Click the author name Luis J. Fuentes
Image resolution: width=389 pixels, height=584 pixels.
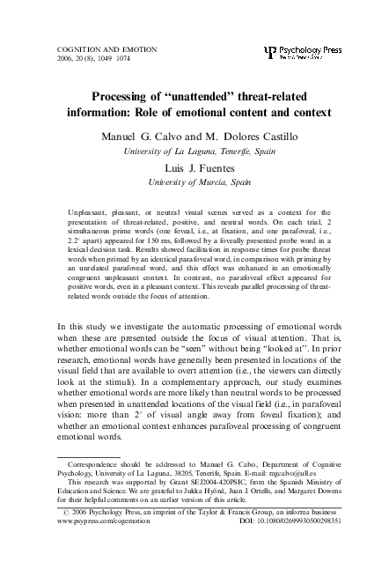[x=194, y=167]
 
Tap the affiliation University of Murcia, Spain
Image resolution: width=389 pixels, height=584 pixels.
[x=194, y=182]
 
